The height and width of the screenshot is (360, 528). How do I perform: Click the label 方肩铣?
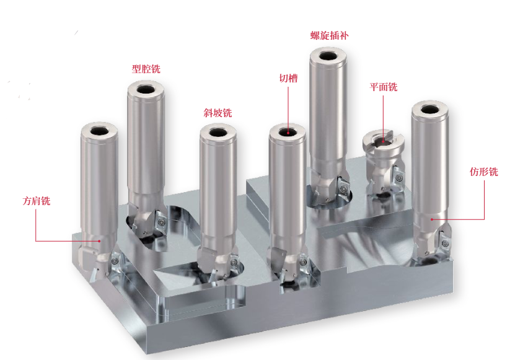(37, 201)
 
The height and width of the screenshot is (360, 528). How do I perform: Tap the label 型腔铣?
(146, 69)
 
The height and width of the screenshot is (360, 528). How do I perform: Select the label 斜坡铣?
(218, 113)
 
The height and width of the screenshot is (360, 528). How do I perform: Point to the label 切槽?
(289, 79)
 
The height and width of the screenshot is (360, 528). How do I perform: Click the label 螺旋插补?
(329, 35)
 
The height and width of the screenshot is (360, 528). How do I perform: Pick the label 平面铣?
(384, 87)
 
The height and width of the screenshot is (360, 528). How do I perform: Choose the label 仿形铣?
(484, 172)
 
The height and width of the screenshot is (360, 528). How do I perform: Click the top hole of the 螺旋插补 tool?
(328, 56)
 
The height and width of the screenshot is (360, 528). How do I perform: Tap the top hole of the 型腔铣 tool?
(146, 90)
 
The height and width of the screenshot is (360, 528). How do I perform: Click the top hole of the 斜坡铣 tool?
(218, 132)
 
